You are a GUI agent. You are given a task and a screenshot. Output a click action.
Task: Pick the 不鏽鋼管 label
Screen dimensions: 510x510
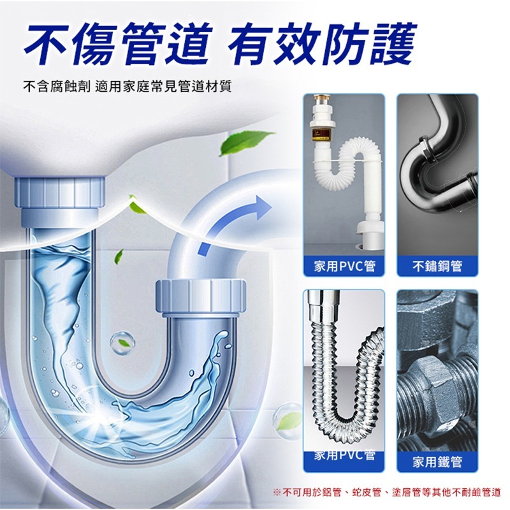[437, 266]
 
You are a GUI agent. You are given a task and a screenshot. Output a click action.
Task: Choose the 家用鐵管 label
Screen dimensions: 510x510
[437, 462]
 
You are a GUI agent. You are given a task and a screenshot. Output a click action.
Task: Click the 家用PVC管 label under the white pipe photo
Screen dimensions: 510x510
[344, 266]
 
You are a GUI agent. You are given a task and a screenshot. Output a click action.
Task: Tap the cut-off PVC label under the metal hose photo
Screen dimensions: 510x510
[344, 455]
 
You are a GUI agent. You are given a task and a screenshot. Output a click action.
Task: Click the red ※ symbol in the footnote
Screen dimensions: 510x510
[276, 492]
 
